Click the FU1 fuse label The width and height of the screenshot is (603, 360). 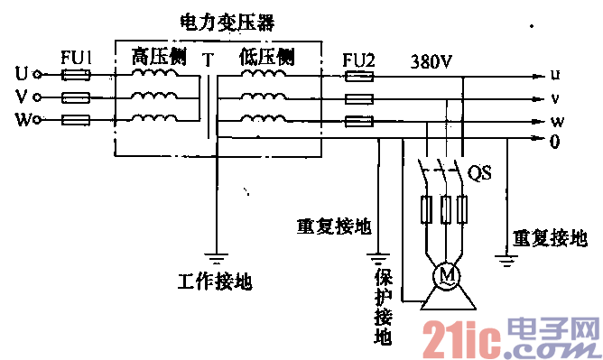point(75,56)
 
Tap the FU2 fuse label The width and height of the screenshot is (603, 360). point(360,61)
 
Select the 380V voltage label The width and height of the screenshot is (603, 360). point(431,62)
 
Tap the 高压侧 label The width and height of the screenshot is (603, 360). point(159,57)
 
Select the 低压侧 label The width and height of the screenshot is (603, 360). point(267,57)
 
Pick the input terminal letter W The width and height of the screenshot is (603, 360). point(23,119)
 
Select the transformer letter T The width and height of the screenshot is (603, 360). point(209,61)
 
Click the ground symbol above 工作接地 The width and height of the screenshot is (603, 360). point(215,254)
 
